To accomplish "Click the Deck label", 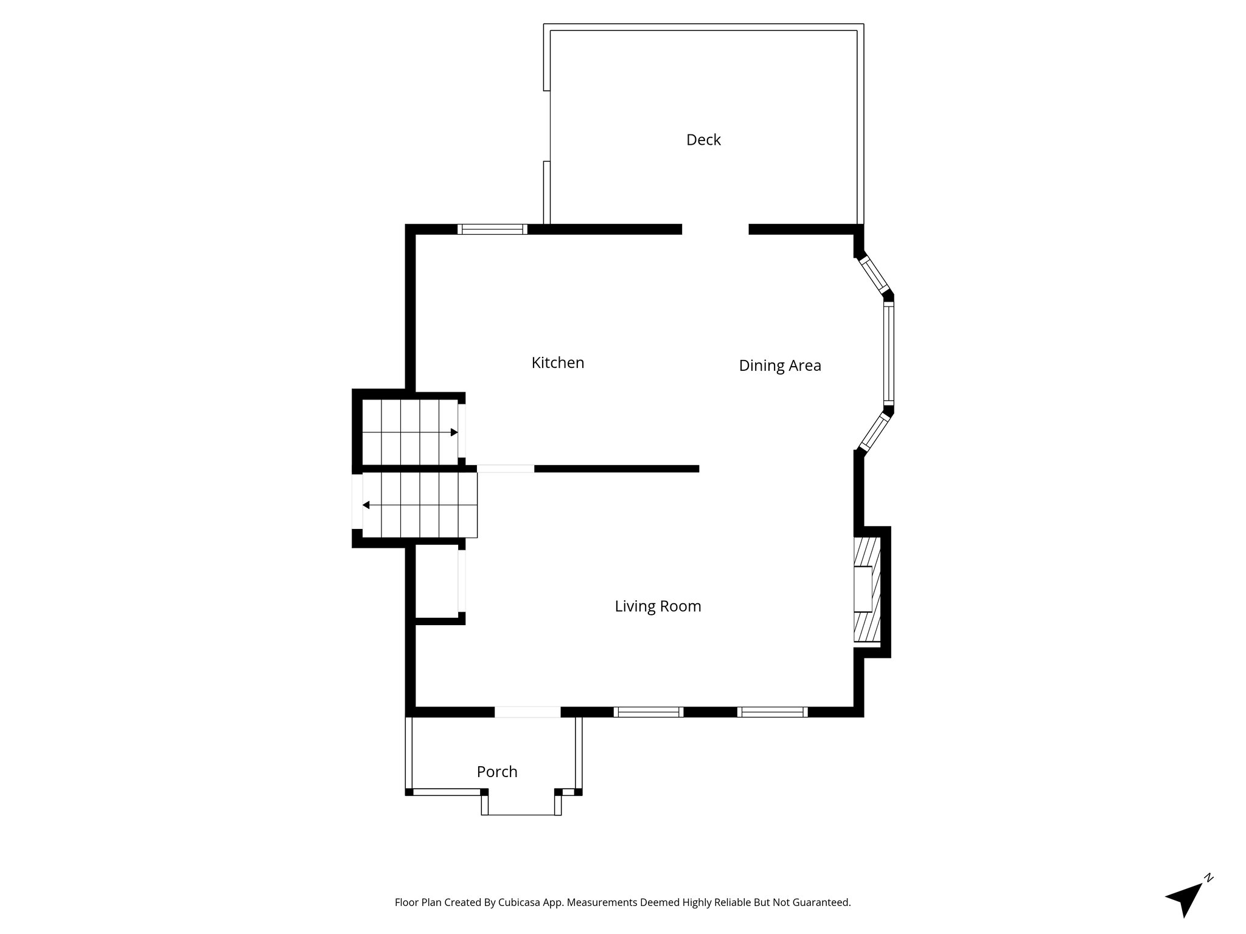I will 703,140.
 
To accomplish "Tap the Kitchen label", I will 557,363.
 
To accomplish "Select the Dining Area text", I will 779,365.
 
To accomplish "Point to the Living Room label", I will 658,606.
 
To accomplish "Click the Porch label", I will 497,772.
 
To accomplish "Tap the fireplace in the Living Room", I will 867,589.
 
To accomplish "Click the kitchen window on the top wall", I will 492,229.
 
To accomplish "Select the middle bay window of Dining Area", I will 888,355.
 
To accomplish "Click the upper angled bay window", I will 875,275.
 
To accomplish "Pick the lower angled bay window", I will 875,432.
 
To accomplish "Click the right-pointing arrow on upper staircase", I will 454,432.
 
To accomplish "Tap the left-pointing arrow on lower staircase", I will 366,505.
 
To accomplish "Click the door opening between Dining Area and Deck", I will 715,229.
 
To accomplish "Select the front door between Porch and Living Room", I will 527,712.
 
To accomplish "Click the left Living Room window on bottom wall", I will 649,712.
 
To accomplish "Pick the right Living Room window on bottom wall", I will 772,712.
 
